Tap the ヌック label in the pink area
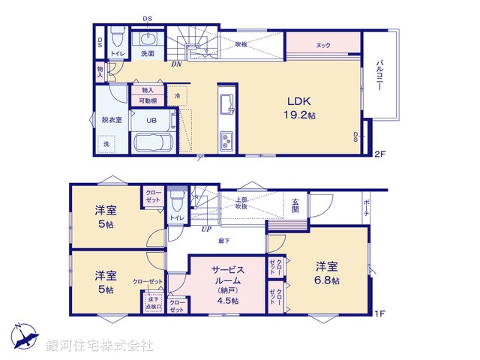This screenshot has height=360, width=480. tap(323, 45)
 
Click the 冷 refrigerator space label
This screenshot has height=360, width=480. tap(177, 96)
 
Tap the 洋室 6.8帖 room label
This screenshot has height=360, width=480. tap(325, 273)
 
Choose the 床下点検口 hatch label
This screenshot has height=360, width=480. tap(152, 303)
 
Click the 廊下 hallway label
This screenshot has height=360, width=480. tap(224, 240)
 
